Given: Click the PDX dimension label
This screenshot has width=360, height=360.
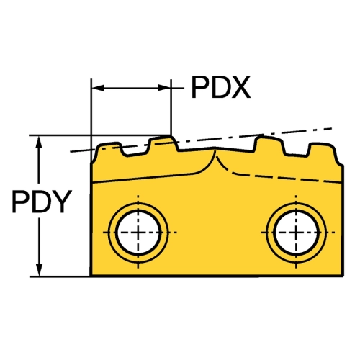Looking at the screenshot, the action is (x=221, y=87).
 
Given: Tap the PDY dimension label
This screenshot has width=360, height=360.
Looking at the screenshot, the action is (x=42, y=202).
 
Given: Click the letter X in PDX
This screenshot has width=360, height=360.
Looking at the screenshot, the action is (x=240, y=87).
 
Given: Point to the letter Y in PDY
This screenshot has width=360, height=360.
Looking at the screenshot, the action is (x=62, y=202).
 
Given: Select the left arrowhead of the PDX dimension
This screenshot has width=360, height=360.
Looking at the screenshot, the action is (x=99, y=88).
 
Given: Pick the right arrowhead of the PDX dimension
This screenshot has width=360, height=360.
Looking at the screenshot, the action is (x=164, y=88).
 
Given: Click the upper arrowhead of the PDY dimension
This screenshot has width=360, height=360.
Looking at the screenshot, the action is (x=39, y=143).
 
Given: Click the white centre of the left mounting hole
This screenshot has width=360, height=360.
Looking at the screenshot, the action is (x=138, y=233).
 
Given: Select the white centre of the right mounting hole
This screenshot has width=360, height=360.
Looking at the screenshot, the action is (x=297, y=233).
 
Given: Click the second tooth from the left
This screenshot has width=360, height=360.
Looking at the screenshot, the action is (x=162, y=142).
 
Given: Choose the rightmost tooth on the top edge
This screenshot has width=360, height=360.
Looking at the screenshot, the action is (x=322, y=149).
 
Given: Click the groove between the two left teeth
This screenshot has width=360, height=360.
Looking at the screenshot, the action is (x=135, y=153).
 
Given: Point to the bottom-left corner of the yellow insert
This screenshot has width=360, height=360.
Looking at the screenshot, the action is (x=91, y=276).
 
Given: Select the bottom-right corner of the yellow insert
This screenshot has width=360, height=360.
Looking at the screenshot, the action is (x=343, y=276).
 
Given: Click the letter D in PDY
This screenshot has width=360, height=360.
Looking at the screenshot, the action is (x=41, y=202).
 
